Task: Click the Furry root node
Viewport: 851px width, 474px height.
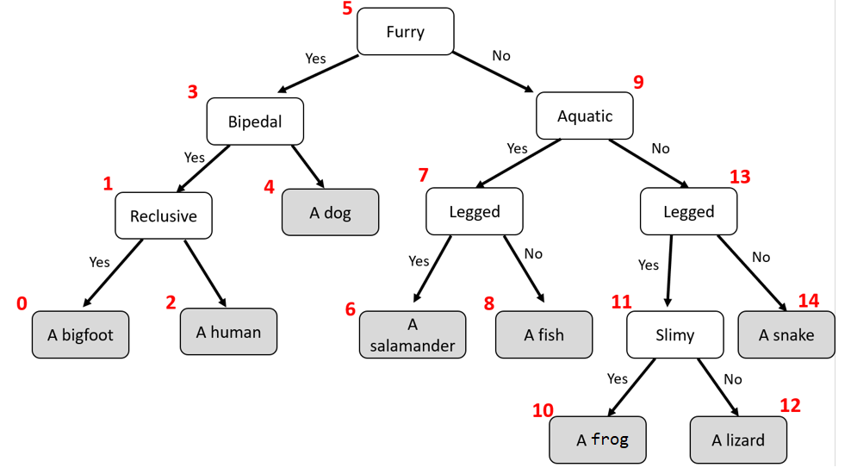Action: click(x=405, y=32)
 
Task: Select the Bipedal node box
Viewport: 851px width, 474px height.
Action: click(x=255, y=122)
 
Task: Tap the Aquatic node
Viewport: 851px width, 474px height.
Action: click(x=585, y=115)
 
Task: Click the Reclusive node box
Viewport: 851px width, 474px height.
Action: click(x=164, y=215)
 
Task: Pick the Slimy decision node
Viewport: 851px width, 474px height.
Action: click(x=674, y=334)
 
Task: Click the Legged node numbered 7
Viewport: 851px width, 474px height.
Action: click(x=474, y=211)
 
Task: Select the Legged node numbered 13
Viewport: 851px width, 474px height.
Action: click(x=688, y=211)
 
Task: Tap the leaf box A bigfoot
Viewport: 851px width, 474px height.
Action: click(x=80, y=334)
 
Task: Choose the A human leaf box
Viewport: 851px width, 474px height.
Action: click(x=228, y=331)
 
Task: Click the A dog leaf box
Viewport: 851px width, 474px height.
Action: click(x=330, y=212)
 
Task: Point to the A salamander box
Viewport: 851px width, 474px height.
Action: click(x=413, y=334)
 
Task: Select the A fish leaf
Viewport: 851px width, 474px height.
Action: click(x=544, y=334)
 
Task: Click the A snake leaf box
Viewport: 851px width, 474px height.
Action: click(x=786, y=334)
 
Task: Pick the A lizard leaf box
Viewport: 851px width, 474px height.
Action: click(x=737, y=440)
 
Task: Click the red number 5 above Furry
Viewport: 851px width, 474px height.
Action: click(x=347, y=9)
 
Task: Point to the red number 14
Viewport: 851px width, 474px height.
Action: click(x=808, y=301)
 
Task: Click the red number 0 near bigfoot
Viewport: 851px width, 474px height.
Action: click(x=22, y=303)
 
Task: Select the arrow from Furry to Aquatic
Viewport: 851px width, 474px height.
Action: click(x=493, y=72)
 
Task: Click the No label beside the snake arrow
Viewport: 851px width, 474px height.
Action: click(x=761, y=257)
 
